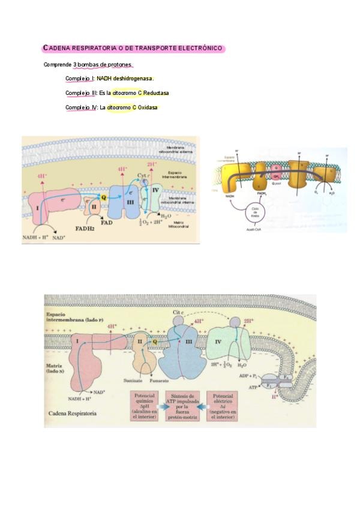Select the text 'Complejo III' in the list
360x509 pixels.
coord(81,93)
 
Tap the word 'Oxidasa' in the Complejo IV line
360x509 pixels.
coord(148,107)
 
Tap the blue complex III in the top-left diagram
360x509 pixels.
coord(123,197)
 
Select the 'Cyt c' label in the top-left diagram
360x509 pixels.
coord(143,175)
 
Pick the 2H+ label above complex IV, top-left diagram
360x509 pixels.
coord(152,164)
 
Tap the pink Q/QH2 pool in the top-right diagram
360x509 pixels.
coord(275,173)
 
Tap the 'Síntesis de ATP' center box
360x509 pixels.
coord(184,405)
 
